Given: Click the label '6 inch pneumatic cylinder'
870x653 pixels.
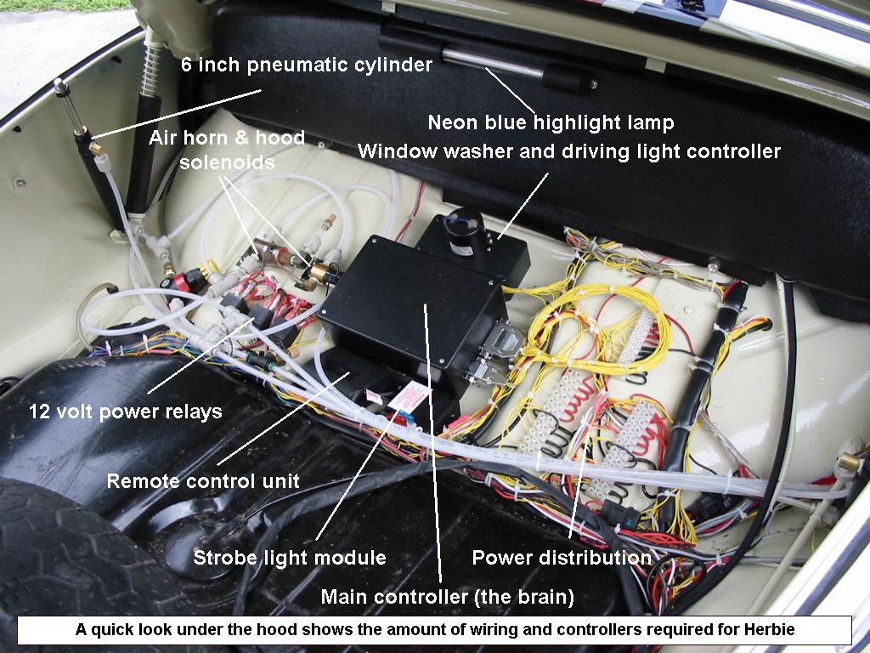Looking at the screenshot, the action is [x=307, y=65].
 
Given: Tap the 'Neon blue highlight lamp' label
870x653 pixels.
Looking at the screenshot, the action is [x=551, y=122].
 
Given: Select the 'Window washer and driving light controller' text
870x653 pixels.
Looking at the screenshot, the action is [x=569, y=151].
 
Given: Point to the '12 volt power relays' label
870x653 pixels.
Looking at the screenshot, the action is [x=126, y=412].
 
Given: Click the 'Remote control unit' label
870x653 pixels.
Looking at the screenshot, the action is [x=203, y=481].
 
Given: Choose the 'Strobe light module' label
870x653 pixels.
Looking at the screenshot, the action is [x=290, y=558].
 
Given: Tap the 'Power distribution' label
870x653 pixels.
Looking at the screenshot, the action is [x=562, y=558].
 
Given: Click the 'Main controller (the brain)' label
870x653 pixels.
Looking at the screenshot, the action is [x=447, y=597].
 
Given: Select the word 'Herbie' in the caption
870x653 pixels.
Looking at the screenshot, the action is [x=770, y=630].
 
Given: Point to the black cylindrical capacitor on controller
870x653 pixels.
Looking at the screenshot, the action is [x=464, y=232].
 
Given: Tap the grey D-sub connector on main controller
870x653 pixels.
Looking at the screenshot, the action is [x=502, y=338].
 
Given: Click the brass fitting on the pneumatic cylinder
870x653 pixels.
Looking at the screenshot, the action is [x=96, y=149].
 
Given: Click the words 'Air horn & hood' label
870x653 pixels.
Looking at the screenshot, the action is [x=227, y=138].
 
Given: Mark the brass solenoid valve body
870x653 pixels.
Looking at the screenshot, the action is [x=319, y=272].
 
